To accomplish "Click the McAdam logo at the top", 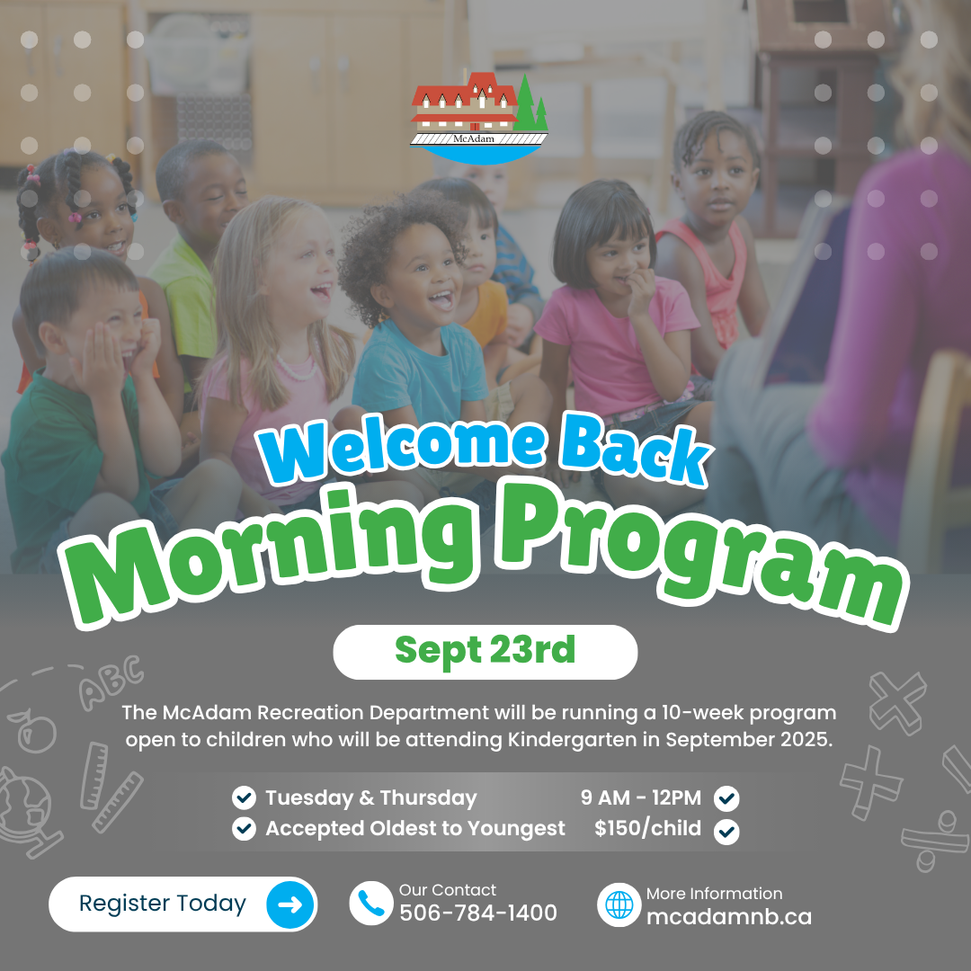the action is coord(478,118).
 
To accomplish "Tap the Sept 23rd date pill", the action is coord(485,652).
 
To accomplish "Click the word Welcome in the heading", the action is coord(403,448).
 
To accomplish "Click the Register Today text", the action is coord(162,904).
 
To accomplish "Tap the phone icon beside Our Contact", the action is coord(371,904).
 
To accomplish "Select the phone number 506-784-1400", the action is coord(478,913).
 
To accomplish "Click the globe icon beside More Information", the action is coord(619,904).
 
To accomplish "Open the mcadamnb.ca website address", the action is coord(729,916).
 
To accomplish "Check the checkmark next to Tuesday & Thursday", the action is coord(244,797).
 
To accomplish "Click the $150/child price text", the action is coord(647,828).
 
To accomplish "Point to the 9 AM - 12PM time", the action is coord(641,797).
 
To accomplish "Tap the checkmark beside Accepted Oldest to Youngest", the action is coord(244,829).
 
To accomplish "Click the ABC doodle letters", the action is coord(111,682).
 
